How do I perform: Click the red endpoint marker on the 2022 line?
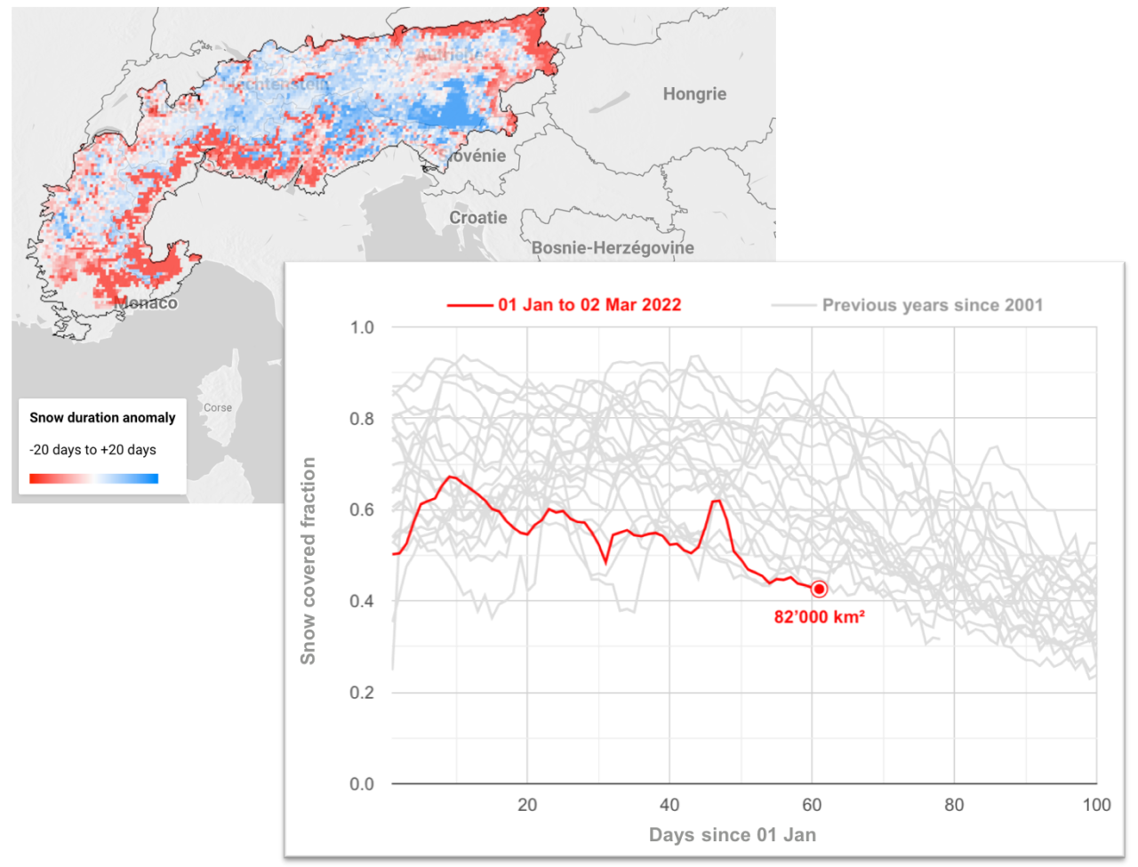[x=819, y=589]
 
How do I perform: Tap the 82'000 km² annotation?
[x=819, y=617]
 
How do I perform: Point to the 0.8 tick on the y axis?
[x=362, y=419]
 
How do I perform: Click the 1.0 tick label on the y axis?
[x=362, y=327]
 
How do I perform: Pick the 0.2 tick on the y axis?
[x=362, y=693]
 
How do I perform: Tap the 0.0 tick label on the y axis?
[x=362, y=784]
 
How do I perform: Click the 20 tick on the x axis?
[x=527, y=805]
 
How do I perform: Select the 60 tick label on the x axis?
[x=812, y=805]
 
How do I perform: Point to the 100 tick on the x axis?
[x=1096, y=805]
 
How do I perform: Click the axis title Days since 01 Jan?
[x=733, y=835]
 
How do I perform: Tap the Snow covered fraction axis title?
[x=309, y=561]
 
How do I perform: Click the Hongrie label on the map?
[x=694, y=94]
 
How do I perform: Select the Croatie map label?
[x=478, y=218]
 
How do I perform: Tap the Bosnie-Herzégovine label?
[x=613, y=248]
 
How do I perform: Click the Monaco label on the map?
[x=146, y=303]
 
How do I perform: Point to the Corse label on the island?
[x=218, y=408]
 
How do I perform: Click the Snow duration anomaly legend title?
[x=102, y=418]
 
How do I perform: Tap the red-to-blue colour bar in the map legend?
[x=93, y=478]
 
